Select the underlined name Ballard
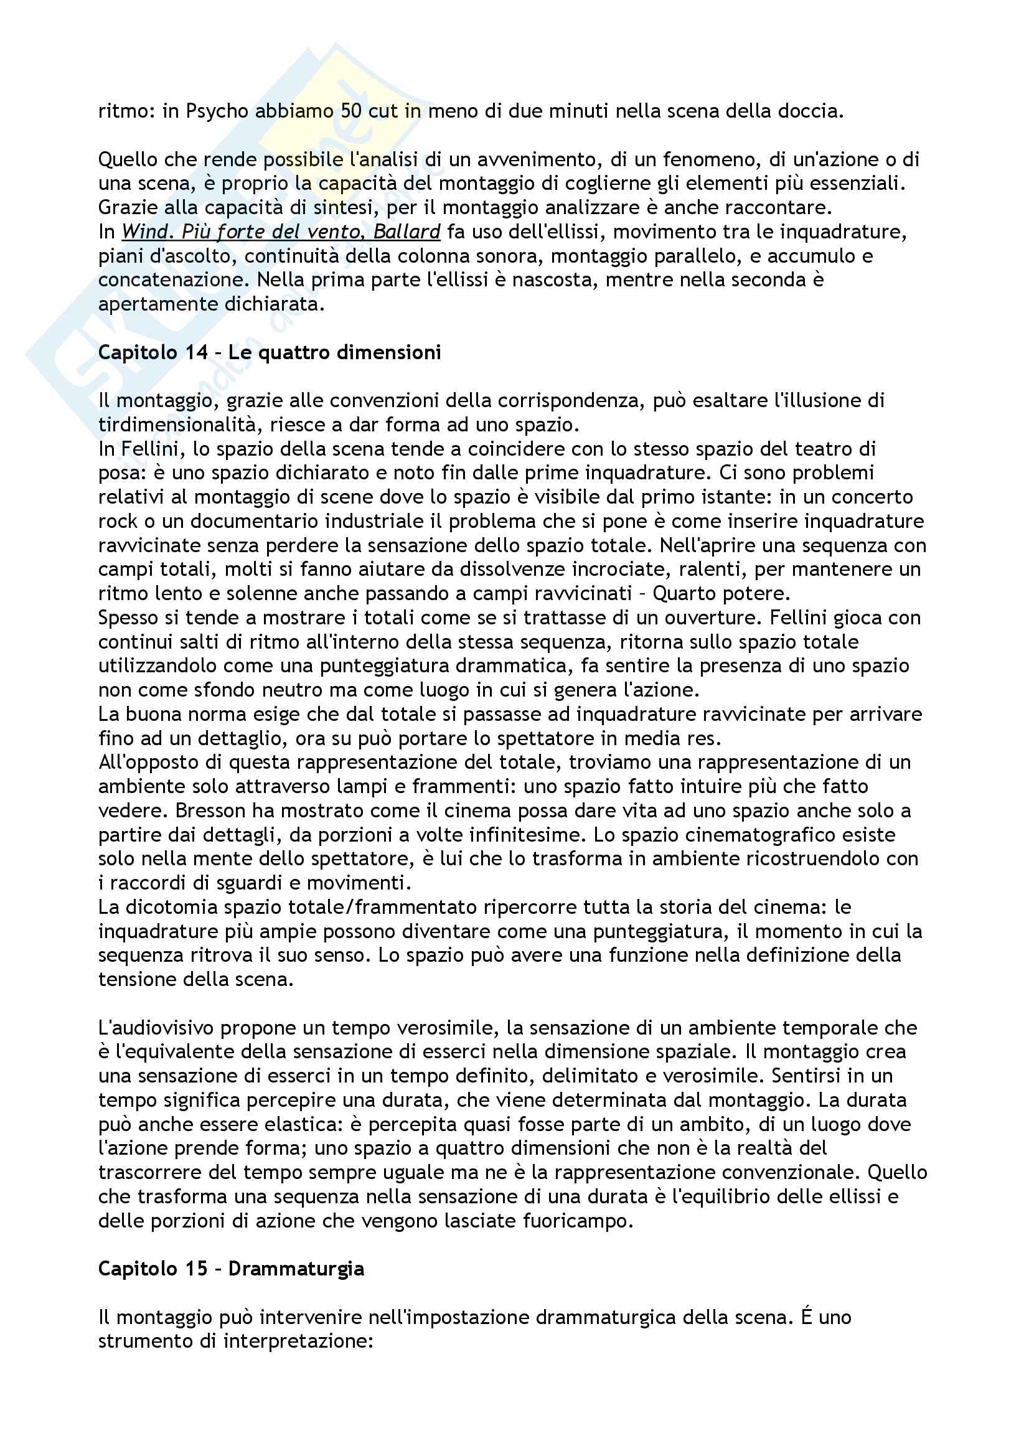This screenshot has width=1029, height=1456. [406, 232]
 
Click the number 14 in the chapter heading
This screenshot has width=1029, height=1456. [196, 352]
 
